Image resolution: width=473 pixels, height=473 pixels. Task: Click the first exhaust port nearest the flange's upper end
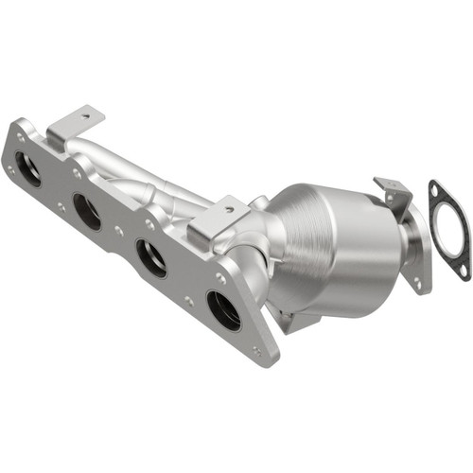29,169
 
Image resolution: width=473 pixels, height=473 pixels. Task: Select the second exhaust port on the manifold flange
88,212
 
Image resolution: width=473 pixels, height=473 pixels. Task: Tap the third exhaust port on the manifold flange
152,256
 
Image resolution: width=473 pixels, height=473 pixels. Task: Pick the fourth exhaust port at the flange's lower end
223,309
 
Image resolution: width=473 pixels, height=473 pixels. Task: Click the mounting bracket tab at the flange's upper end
76,123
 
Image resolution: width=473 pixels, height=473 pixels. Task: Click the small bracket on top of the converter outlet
393,190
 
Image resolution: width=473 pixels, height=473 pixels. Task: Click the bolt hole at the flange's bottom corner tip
256,351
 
